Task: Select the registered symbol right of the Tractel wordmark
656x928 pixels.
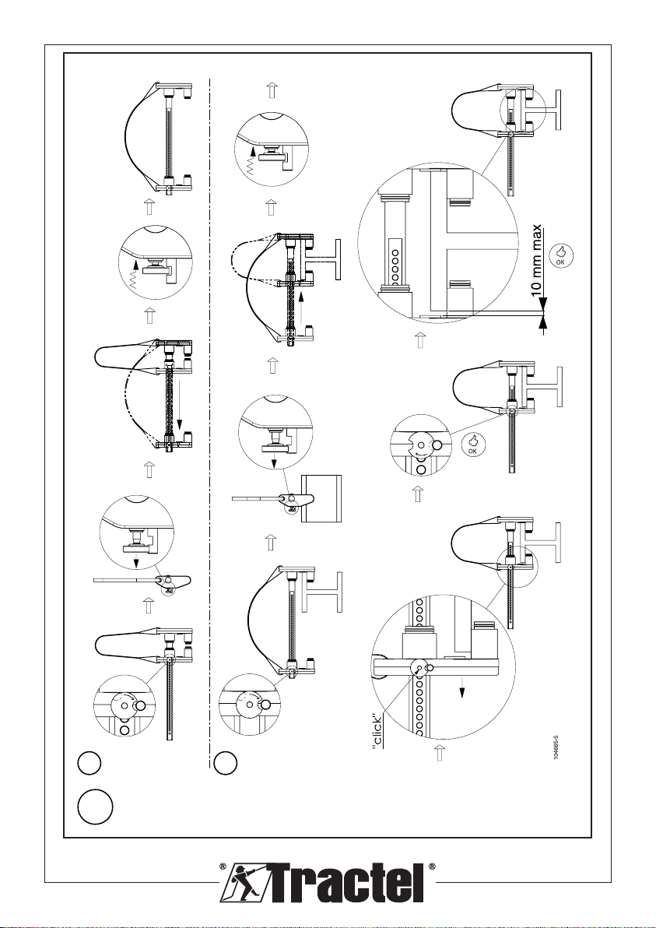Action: point(432,867)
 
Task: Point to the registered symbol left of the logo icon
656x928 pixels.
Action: point(223,867)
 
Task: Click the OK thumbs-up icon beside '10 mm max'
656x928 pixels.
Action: point(561,255)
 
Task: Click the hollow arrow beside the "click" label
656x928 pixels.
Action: point(440,753)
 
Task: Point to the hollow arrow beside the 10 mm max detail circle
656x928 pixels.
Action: point(420,339)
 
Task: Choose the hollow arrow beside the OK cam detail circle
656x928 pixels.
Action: point(418,494)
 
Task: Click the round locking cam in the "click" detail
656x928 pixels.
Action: point(420,668)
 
